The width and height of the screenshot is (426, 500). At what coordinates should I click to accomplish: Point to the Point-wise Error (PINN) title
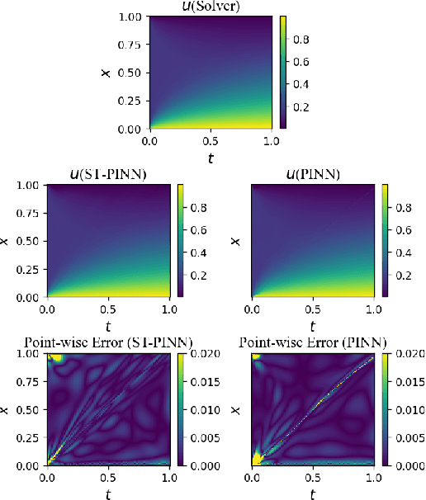[312, 342]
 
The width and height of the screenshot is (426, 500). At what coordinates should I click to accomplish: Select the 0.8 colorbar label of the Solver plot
[301, 36]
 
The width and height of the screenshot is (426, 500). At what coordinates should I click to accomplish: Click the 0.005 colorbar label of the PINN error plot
[405, 437]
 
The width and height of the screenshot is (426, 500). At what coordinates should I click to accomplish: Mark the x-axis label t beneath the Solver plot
[211, 157]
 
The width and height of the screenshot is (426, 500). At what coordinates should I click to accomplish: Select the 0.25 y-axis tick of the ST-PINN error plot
[31, 437]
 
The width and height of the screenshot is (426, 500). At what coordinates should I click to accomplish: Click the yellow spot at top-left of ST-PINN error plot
[57, 358]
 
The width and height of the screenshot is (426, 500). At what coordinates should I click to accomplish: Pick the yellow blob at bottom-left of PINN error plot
[258, 457]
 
